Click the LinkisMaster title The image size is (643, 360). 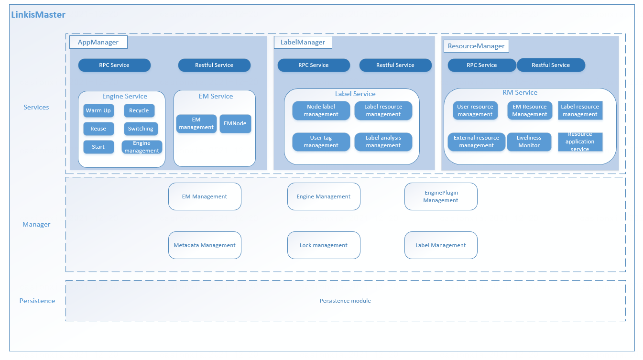[38, 15]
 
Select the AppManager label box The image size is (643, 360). [98, 42]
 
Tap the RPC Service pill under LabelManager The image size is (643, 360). [313, 65]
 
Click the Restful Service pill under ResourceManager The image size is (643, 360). [551, 65]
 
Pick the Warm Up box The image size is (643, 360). [98, 110]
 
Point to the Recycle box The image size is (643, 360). [139, 110]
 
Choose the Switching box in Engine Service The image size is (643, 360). [141, 129]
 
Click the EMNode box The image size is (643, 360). [235, 123]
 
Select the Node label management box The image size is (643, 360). [321, 110]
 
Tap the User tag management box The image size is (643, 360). [321, 142]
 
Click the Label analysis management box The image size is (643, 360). [383, 142]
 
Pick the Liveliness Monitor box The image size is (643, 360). [529, 142]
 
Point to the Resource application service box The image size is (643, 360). [580, 142]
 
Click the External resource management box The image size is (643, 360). [476, 142]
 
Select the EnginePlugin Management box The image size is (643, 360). [441, 196]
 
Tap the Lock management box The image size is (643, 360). [324, 245]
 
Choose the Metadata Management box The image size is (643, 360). [205, 245]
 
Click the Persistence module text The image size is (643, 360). [345, 301]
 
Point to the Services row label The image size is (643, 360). [36, 107]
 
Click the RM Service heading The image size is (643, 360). [520, 92]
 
